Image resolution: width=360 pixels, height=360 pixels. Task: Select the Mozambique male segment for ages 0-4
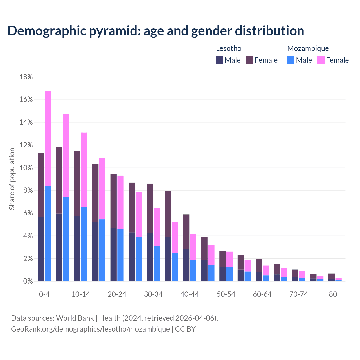click(x=48, y=233)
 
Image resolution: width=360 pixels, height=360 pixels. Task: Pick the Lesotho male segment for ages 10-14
click(x=77, y=249)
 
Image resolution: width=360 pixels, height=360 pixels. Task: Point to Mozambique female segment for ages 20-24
click(x=120, y=202)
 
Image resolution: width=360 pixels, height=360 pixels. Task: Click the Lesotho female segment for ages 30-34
click(x=150, y=208)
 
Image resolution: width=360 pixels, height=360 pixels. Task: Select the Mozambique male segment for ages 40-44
click(x=193, y=270)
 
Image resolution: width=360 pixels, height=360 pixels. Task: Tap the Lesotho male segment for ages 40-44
click(x=186, y=265)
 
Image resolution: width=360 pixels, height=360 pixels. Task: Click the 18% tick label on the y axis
click(x=26, y=77)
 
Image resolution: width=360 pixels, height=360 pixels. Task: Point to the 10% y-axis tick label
click(x=26, y=168)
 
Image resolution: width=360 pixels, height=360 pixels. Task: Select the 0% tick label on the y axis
click(x=28, y=281)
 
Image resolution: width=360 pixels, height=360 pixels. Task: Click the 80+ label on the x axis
click(x=335, y=294)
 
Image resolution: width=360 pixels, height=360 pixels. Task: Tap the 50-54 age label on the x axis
click(x=226, y=294)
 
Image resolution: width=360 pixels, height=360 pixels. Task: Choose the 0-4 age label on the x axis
click(x=44, y=294)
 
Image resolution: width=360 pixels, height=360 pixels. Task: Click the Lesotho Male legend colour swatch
click(x=220, y=60)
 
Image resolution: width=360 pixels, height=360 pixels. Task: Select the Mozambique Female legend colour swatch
click(x=321, y=60)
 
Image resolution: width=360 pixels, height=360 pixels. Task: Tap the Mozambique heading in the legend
click(x=308, y=48)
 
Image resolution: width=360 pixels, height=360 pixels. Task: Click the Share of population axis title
click(x=12, y=179)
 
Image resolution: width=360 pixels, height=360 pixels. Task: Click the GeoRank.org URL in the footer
click(x=90, y=329)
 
